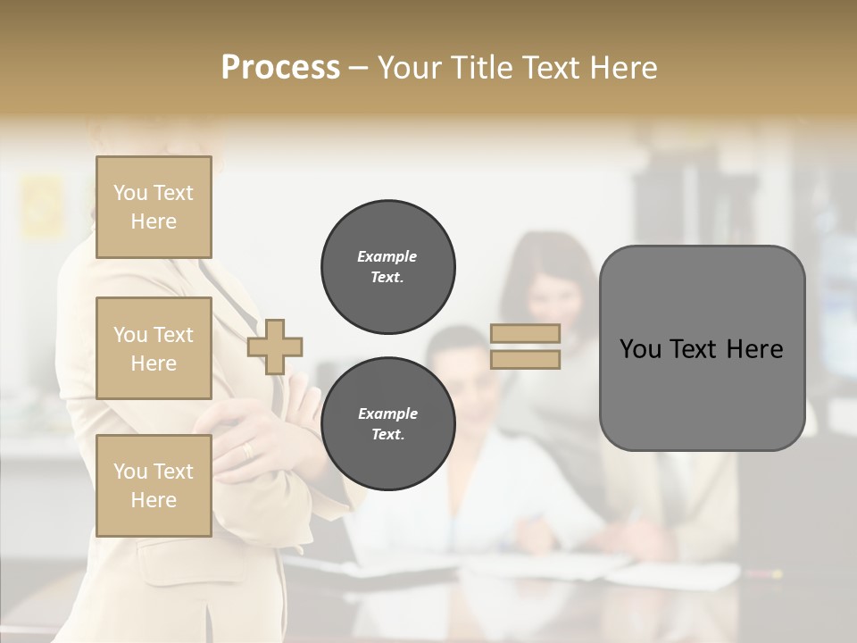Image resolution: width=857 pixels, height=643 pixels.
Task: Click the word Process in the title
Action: click(x=280, y=68)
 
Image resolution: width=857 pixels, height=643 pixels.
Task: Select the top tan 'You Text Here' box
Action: click(x=154, y=207)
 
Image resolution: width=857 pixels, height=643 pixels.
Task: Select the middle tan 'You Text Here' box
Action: click(x=154, y=348)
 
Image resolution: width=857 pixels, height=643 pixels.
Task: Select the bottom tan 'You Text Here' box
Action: click(x=154, y=486)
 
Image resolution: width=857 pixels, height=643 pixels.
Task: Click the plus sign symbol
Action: click(x=275, y=347)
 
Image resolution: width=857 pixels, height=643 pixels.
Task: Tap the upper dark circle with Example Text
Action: click(x=388, y=267)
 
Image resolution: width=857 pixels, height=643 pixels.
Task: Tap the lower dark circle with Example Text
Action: click(x=388, y=424)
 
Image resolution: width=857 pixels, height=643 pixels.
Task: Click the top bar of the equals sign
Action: click(x=525, y=333)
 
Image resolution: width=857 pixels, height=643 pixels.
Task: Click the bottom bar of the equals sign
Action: click(x=525, y=359)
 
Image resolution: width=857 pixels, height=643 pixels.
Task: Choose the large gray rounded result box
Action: click(x=702, y=348)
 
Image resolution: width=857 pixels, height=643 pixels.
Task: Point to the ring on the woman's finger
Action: click(x=247, y=450)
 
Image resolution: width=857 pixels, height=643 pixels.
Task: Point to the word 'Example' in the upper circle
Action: click(x=387, y=256)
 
